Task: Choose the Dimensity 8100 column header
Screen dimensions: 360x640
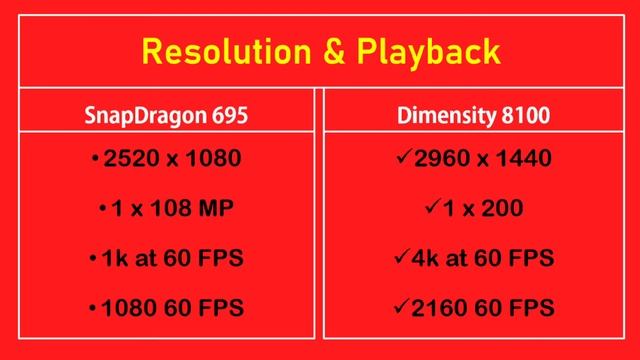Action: coord(475,117)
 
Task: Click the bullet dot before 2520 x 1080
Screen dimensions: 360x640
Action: coord(93,161)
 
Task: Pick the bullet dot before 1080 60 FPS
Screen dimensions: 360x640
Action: coord(93,308)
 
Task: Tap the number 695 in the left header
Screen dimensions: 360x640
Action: coord(227,117)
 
